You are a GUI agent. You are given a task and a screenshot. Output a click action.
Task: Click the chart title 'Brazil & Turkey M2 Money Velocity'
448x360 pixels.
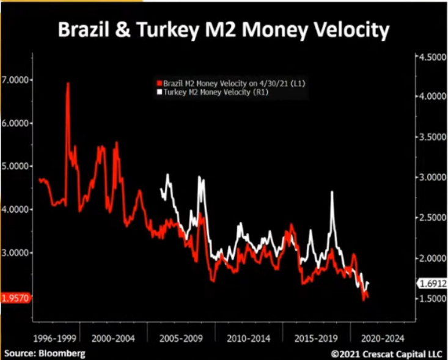coord(224,30)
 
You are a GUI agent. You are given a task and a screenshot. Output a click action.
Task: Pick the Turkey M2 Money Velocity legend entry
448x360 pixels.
coord(213,92)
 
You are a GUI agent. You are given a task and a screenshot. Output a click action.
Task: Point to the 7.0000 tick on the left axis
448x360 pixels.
coord(18,79)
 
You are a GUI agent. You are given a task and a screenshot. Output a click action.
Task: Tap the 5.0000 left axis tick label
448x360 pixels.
coord(18,166)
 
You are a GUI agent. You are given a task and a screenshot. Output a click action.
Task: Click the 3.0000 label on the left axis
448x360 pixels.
coord(18,252)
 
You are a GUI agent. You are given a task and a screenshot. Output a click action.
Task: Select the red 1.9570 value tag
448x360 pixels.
coord(16,298)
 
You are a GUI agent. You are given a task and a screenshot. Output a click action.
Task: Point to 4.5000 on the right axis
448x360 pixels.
coord(432,57)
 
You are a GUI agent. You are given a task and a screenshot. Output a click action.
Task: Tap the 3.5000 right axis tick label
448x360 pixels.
coord(432,138)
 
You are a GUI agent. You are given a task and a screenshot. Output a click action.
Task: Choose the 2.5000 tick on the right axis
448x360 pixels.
coord(432,218)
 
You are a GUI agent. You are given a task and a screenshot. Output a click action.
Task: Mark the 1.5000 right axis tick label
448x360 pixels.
coord(432,299)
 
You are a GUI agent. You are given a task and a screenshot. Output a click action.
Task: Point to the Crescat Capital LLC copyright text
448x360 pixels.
coord(387,353)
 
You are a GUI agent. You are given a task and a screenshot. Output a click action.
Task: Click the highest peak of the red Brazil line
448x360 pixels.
coord(68,84)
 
